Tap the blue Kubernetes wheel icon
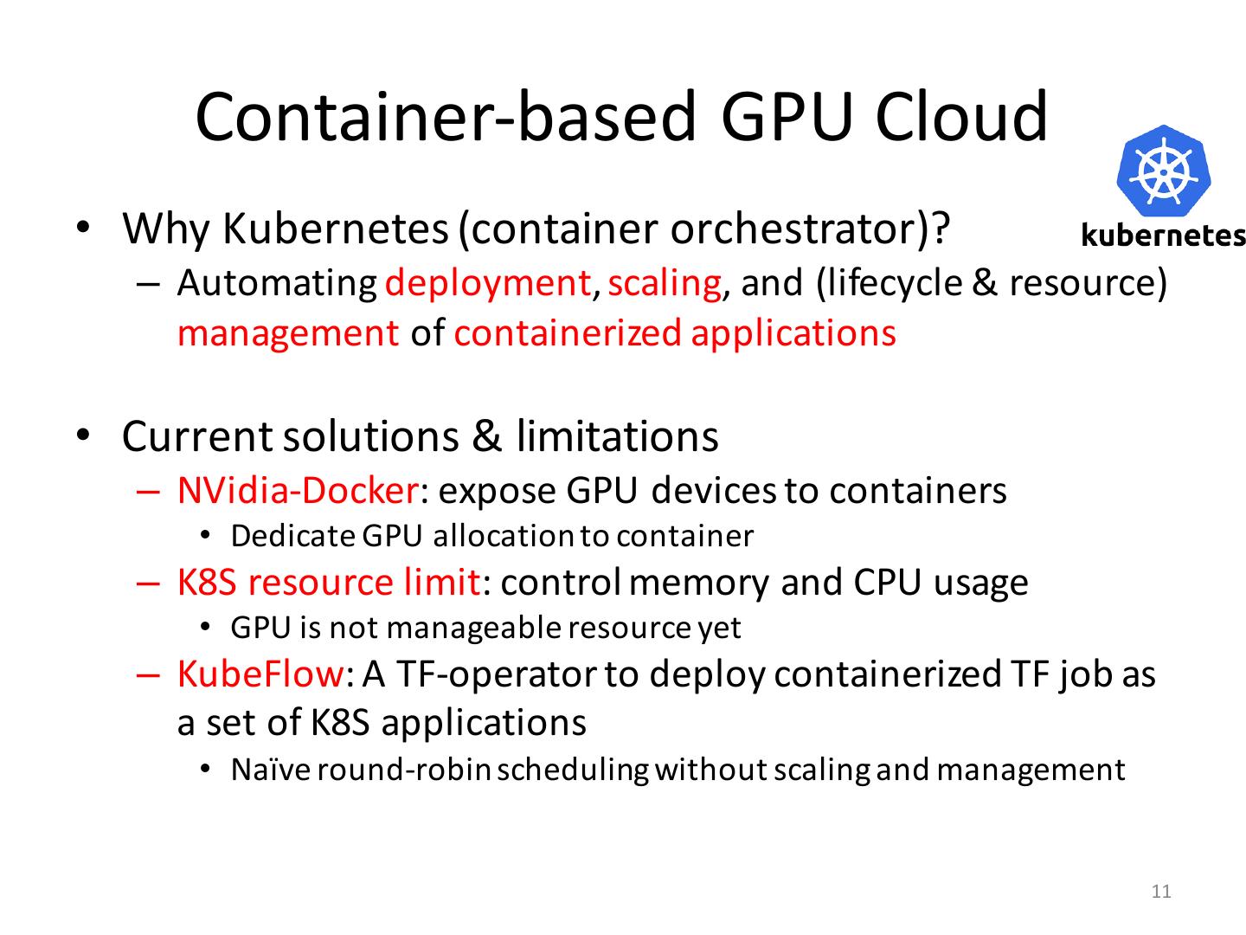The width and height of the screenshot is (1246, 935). coord(1164,171)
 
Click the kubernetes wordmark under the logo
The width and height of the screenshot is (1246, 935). coord(1164,235)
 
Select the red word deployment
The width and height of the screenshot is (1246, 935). coord(488,284)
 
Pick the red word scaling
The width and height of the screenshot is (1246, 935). coord(665,284)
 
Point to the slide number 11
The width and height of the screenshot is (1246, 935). coord(1162,892)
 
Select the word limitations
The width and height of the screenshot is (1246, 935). coord(617,436)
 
